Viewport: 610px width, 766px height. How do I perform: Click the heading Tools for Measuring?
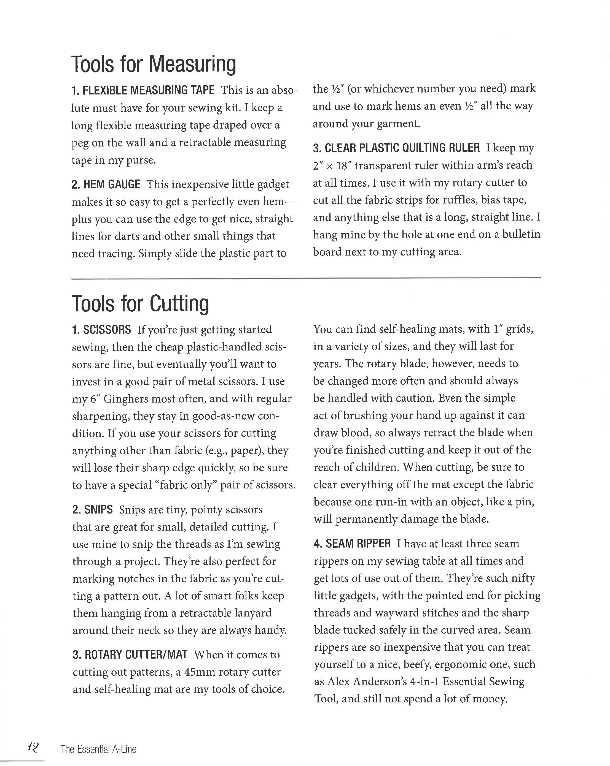153,64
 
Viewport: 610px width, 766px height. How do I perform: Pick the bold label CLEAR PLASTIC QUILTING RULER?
402,148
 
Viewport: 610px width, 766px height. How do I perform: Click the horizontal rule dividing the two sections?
306,278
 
